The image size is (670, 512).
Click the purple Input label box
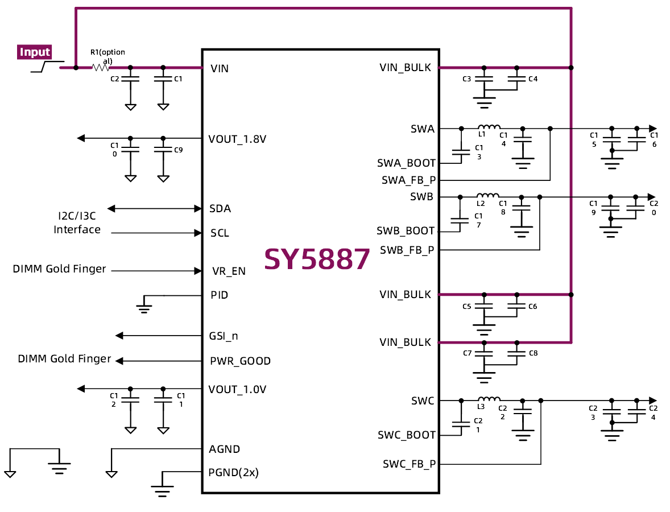coord(35,52)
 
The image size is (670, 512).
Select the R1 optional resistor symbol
coord(101,67)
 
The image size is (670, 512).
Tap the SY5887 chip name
coord(317,259)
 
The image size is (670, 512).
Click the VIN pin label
coord(220,69)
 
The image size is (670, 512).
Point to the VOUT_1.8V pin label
coord(237,139)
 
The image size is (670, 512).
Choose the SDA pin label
coord(220,209)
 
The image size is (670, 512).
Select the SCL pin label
coord(220,233)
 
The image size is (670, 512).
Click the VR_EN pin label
coord(229,271)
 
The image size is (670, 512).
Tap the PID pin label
coord(220,295)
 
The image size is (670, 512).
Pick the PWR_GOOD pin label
coord(240,361)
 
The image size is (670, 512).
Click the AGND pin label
coord(225,449)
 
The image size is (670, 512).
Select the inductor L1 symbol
coord(489,127)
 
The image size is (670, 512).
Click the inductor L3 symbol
coord(489,399)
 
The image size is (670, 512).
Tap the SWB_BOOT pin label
coord(406,232)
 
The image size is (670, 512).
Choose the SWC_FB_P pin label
coord(409,464)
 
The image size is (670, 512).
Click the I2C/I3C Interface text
coord(77,223)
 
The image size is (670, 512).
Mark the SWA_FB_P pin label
coord(408,180)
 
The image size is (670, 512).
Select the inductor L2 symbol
coord(487,196)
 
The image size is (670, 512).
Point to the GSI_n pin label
coord(224,336)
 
